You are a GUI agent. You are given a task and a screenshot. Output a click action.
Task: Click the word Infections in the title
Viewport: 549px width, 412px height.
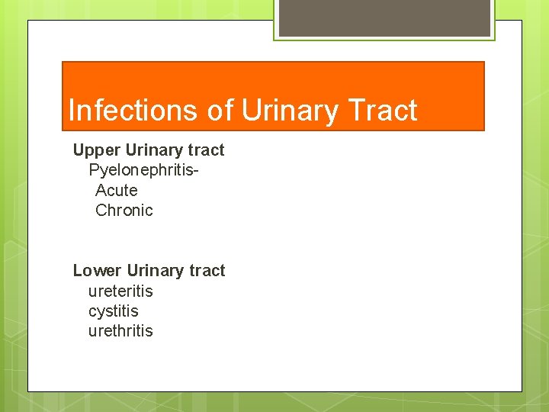click(133, 111)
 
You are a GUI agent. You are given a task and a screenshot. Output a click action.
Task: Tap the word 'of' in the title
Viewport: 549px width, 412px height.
click(220, 111)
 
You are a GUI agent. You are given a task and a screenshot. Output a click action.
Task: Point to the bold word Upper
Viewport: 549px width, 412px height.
click(95, 150)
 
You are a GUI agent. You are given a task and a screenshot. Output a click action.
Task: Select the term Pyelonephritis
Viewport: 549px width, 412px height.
click(140, 170)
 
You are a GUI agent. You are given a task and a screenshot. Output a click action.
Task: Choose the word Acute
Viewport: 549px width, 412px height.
click(117, 190)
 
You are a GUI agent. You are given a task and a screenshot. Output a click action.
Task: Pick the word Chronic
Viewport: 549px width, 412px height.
click(124, 210)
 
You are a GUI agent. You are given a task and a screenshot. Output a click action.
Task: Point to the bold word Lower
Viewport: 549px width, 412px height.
click(96, 271)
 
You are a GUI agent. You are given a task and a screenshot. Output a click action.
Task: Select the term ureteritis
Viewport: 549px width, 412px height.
click(120, 291)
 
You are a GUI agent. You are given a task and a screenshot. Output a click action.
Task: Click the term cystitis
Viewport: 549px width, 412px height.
click(114, 311)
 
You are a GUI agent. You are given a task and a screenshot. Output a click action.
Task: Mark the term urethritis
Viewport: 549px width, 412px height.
click(120, 331)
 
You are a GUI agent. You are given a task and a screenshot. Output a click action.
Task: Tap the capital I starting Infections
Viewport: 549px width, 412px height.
click(71, 111)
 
